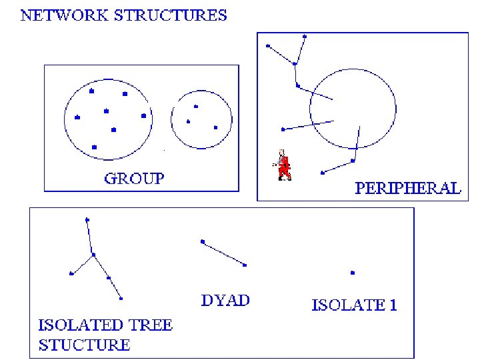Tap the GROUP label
[x=134, y=178]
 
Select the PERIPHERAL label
[x=407, y=188]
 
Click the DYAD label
[x=225, y=300]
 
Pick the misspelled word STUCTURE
[x=84, y=345]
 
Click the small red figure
[x=285, y=165]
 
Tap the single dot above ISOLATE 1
[x=353, y=272]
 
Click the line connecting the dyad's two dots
[x=223, y=253]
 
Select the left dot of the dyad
[x=202, y=241]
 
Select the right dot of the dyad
[x=245, y=265]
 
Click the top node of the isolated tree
[x=87, y=219]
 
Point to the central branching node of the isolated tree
[x=93, y=254]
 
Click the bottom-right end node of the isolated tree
[x=121, y=298]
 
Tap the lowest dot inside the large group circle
[x=94, y=147]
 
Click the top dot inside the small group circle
[x=195, y=106]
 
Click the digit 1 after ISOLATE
[x=393, y=306]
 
